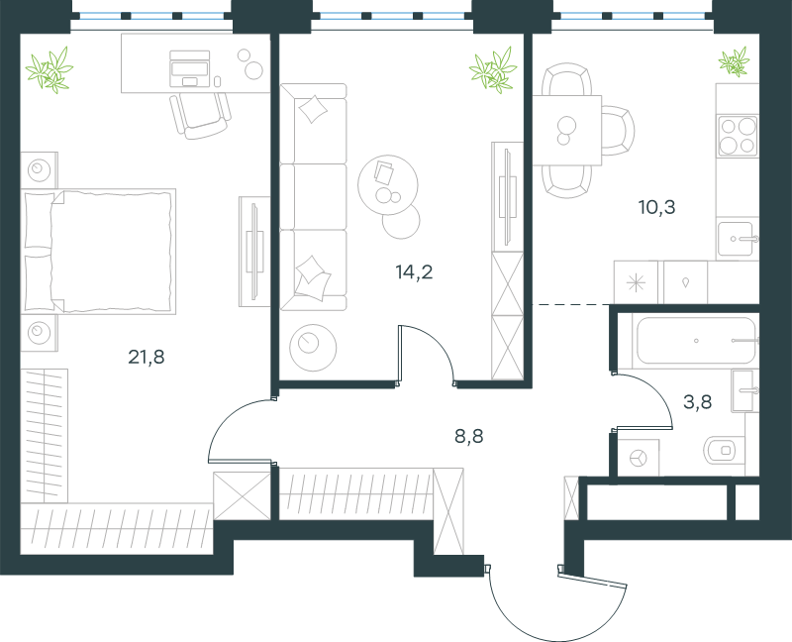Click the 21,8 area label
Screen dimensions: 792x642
pyautogui.click(x=146, y=358)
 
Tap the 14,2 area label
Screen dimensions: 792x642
pyautogui.click(x=414, y=272)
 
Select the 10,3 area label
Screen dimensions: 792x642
pyautogui.click(x=656, y=207)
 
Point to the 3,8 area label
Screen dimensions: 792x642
pyautogui.click(x=698, y=402)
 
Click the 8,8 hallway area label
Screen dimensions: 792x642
pyautogui.click(x=468, y=436)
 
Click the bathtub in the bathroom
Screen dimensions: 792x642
pyautogui.click(x=696, y=340)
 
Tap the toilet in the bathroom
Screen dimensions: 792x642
pyautogui.click(x=725, y=449)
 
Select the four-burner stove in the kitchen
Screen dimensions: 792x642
pyautogui.click(x=738, y=135)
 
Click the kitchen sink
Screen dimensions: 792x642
pyautogui.click(x=737, y=239)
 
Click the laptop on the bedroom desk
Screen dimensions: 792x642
pyautogui.click(x=190, y=68)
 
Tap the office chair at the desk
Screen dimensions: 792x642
pyautogui.click(x=201, y=116)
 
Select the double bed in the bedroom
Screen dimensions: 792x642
pyautogui.click(x=98, y=252)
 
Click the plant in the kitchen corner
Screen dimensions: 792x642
pyautogui.click(x=734, y=62)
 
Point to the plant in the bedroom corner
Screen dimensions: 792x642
pyautogui.click(x=49, y=70)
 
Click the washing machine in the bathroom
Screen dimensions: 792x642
pyautogui.click(x=639, y=458)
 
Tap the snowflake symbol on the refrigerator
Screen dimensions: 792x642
pyautogui.click(x=636, y=282)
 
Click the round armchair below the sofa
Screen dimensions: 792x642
pyautogui.click(x=313, y=348)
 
